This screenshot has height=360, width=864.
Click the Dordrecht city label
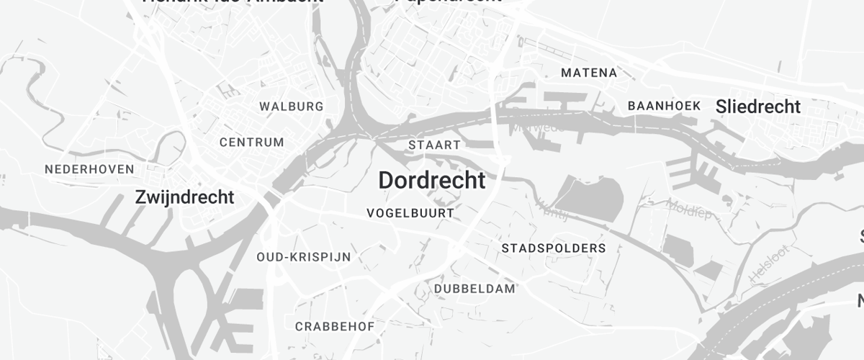pyautogui.click(x=432, y=181)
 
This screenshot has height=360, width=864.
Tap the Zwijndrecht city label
pyautogui.click(x=185, y=197)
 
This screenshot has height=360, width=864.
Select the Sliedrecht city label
pyautogui.click(x=758, y=107)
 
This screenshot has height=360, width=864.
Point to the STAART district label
pyautogui.click(x=434, y=145)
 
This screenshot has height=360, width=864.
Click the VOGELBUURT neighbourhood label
pyautogui.click(x=410, y=213)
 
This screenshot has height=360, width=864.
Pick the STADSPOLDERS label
pyautogui.click(x=554, y=248)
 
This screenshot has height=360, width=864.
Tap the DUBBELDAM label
pyautogui.click(x=475, y=289)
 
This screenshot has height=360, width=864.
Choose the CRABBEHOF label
pyautogui.click(x=335, y=326)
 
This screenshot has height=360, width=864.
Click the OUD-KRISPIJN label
pyautogui.click(x=303, y=256)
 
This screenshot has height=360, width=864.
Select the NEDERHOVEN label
pyautogui.click(x=89, y=169)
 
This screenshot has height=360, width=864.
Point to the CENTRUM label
pyautogui.click(x=252, y=142)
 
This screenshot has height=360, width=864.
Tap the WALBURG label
pyautogui.click(x=292, y=107)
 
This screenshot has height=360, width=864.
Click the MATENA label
pyautogui.click(x=589, y=73)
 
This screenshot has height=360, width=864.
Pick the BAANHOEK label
pyautogui.click(x=664, y=106)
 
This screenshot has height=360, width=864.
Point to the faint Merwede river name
pyautogui.click(x=536, y=128)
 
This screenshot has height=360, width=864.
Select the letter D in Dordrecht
pyautogui.click(x=386, y=181)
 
